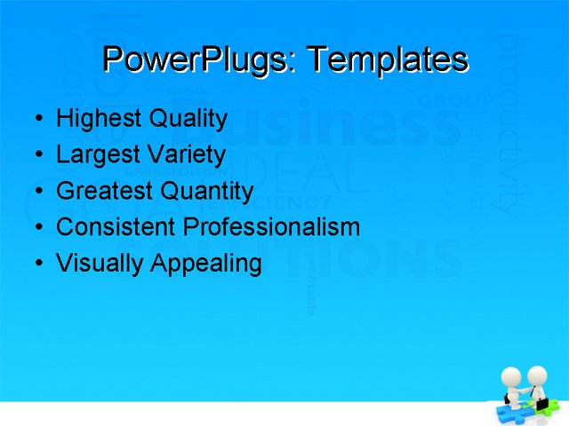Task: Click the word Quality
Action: coord(188,119)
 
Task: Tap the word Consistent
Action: coord(116,227)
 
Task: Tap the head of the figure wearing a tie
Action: coord(536,375)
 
